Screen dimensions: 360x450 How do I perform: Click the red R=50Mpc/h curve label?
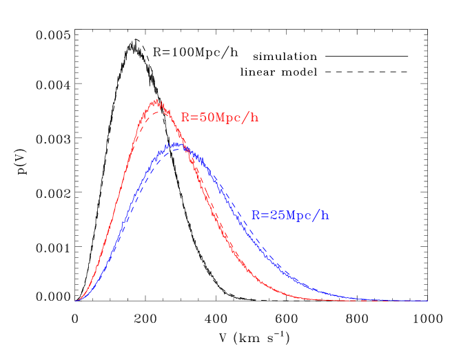(x=219, y=117)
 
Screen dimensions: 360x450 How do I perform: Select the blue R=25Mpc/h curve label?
(x=290, y=215)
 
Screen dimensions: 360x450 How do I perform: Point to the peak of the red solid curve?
(x=157, y=101)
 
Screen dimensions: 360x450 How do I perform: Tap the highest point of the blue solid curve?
(x=178, y=143)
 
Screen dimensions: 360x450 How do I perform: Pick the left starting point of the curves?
(x=76, y=301)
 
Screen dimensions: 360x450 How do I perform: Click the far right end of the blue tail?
(x=427, y=301)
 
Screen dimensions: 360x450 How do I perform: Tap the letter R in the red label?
(x=185, y=117)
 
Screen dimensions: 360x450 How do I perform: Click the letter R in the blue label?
(x=256, y=215)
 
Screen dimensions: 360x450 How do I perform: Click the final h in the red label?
(x=254, y=117)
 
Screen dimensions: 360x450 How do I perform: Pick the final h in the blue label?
(x=325, y=215)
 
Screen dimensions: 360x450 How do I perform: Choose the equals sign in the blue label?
(x=264, y=215)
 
